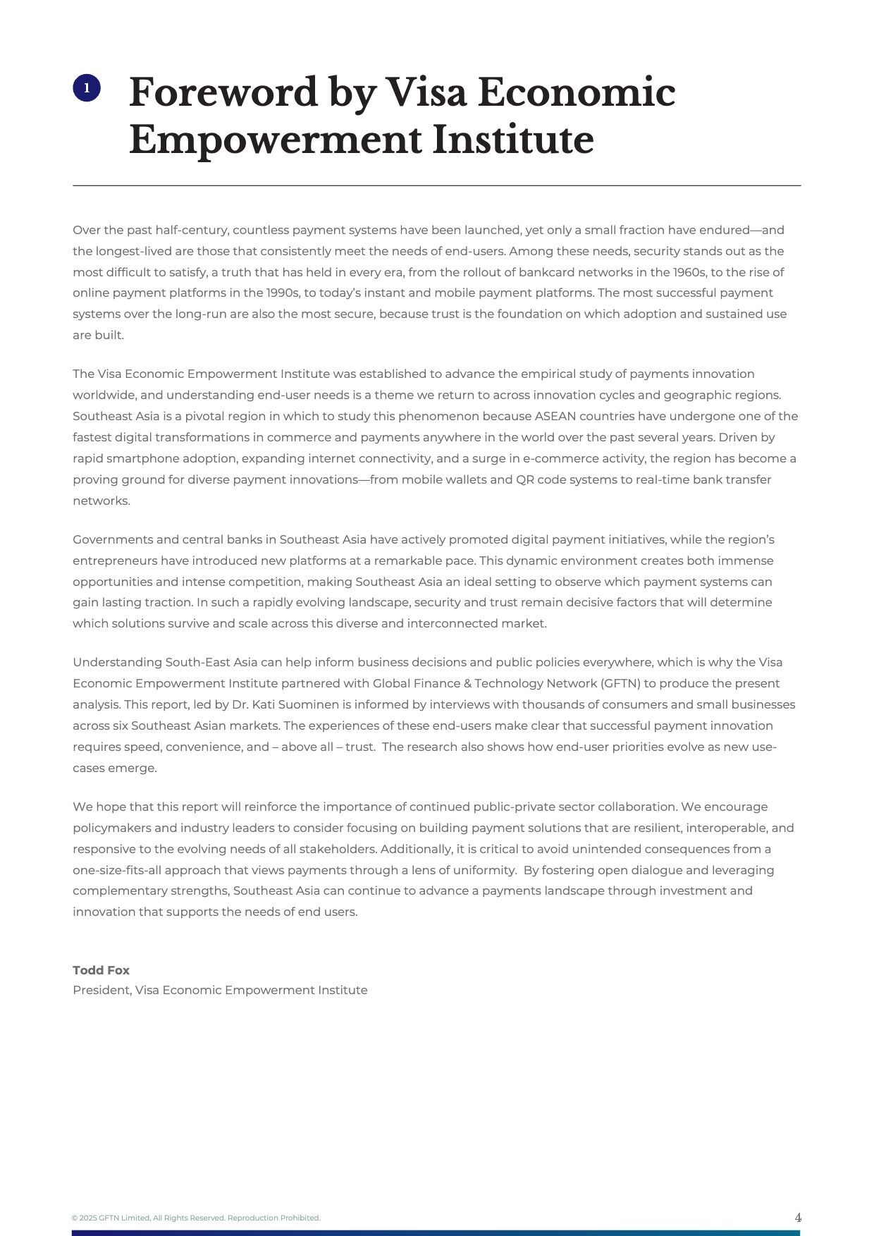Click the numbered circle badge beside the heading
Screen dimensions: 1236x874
[x=87, y=88]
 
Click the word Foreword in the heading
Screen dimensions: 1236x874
[x=223, y=92]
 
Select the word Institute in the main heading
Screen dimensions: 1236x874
[x=512, y=140]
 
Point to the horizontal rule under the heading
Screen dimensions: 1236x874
[x=436, y=185]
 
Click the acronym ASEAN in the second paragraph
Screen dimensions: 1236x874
[x=555, y=416]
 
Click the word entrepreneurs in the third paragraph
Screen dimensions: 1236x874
[x=115, y=561]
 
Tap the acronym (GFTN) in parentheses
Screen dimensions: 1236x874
[x=620, y=683]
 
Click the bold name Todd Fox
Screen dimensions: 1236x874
[x=101, y=970]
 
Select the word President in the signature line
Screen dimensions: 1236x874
[x=101, y=990]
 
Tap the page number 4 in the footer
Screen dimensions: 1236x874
[x=798, y=1218]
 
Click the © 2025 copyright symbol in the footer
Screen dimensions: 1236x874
[x=75, y=1218]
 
